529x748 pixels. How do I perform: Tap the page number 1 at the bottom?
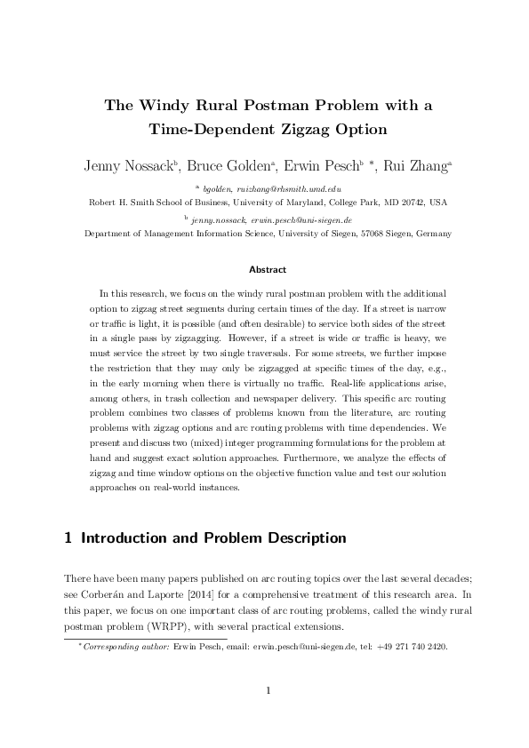tap(264, 690)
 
